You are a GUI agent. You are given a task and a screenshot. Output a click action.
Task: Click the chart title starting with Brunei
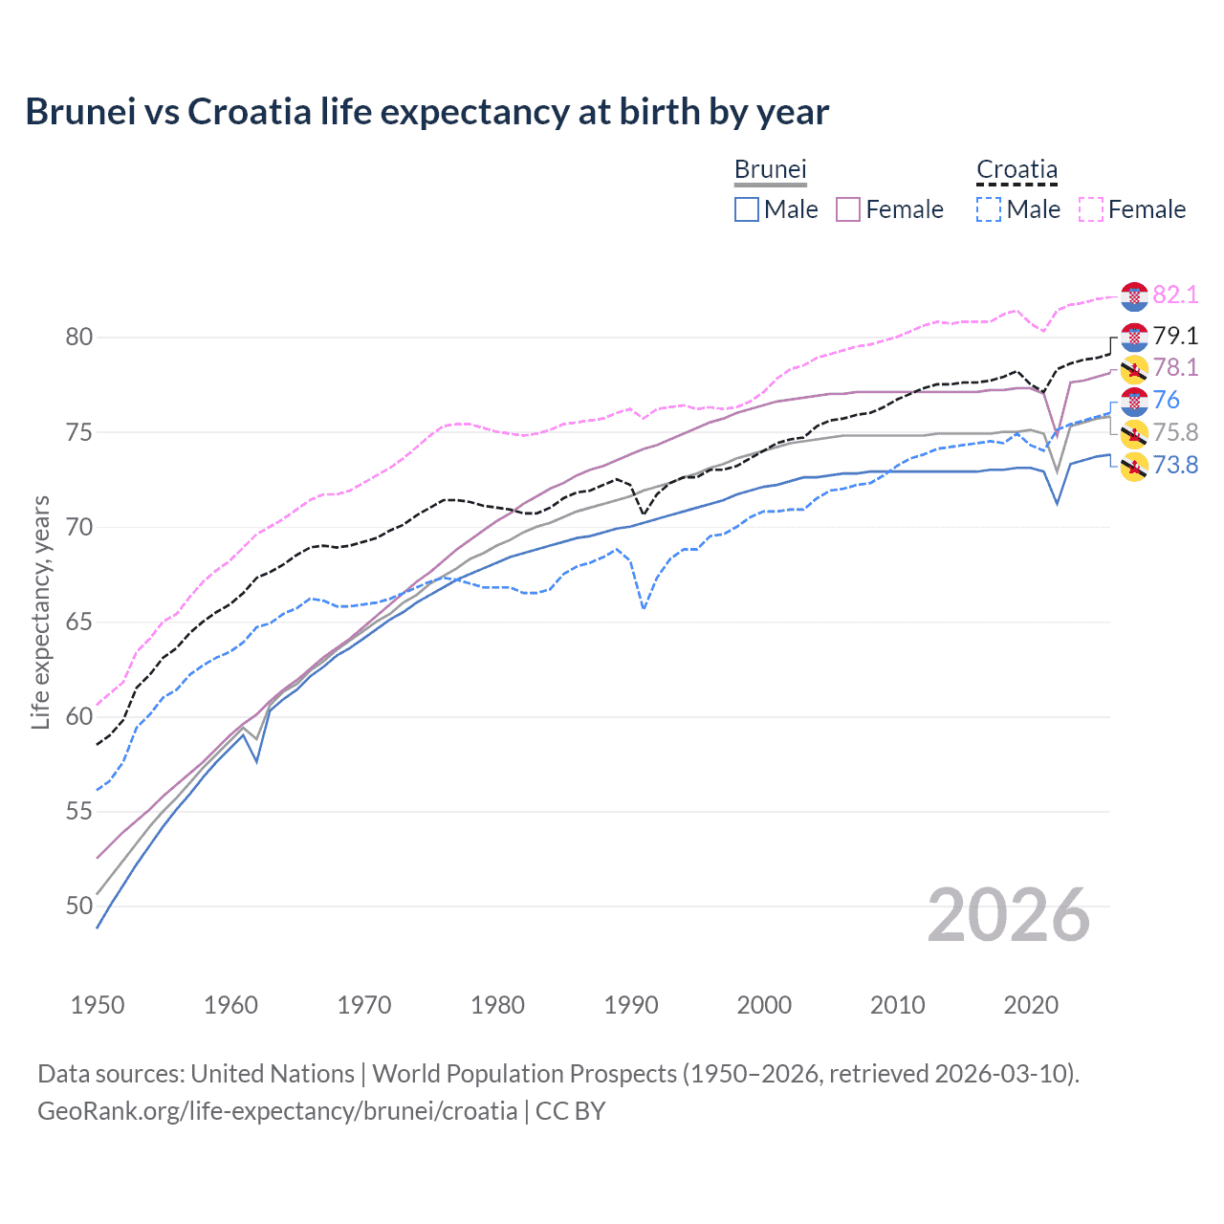pos(426,112)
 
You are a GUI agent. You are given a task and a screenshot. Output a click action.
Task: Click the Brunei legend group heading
pos(770,169)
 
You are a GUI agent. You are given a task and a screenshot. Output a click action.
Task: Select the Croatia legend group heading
pos(1016,169)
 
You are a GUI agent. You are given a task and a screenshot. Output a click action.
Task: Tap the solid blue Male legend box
pos(747,209)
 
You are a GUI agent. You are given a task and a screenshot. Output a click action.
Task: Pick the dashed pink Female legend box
pos(1091,209)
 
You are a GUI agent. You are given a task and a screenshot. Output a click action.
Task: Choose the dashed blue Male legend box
pos(989,209)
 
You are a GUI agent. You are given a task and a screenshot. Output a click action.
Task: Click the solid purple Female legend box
pos(849,209)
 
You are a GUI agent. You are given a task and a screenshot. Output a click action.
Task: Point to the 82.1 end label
pos(1175,295)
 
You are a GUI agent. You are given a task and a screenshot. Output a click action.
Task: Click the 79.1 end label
pos(1175,336)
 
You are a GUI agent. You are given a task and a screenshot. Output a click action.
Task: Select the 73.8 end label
pos(1175,466)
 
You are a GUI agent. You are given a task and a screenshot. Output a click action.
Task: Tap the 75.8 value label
pos(1175,432)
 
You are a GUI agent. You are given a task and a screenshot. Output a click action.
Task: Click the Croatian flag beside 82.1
pos(1134,296)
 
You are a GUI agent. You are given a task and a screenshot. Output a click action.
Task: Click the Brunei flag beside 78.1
pos(1134,368)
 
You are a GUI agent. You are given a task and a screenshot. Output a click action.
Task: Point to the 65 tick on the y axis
pos(79,622)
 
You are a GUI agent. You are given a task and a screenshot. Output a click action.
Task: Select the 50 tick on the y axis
pos(79,906)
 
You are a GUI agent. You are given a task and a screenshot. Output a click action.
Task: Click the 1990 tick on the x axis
pos(631,1005)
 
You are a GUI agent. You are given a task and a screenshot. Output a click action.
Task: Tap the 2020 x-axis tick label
pos(1031,1005)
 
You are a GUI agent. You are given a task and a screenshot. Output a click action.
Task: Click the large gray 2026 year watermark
pos(1008,915)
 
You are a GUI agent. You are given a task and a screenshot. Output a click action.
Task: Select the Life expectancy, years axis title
pos(40,612)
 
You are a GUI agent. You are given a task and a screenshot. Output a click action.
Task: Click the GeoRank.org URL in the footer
pos(277,1111)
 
